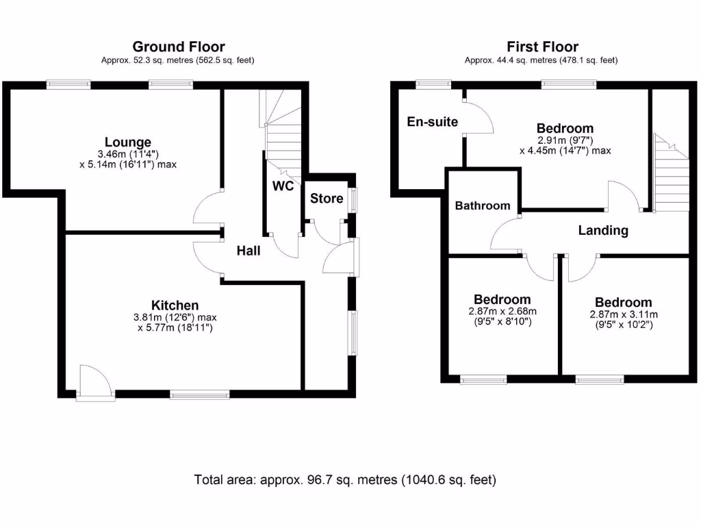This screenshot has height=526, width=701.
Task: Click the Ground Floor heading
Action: tap(178, 47)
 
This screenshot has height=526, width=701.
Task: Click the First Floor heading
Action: tap(542, 47)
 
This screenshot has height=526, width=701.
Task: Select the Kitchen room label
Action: tap(175, 305)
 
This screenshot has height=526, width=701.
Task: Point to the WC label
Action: tap(283, 186)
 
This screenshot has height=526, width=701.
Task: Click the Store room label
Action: tap(327, 199)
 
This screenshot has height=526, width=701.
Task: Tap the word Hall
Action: tap(248, 251)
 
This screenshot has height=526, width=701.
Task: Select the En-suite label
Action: tap(432, 122)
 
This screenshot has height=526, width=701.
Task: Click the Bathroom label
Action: tap(483, 205)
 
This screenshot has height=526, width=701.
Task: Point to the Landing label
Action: tap(603, 230)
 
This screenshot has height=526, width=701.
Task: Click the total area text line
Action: tap(345, 479)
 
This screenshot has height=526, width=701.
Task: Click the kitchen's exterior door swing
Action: tap(92, 381)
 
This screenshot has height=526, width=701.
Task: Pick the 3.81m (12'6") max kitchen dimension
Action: tap(175, 318)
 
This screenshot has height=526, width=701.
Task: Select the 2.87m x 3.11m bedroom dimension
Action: tap(623, 315)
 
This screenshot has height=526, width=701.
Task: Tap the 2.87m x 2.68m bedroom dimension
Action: tap(502, 312)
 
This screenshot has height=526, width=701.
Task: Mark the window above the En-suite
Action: tap(433, 85)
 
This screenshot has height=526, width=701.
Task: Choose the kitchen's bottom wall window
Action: tap(200, 394)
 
